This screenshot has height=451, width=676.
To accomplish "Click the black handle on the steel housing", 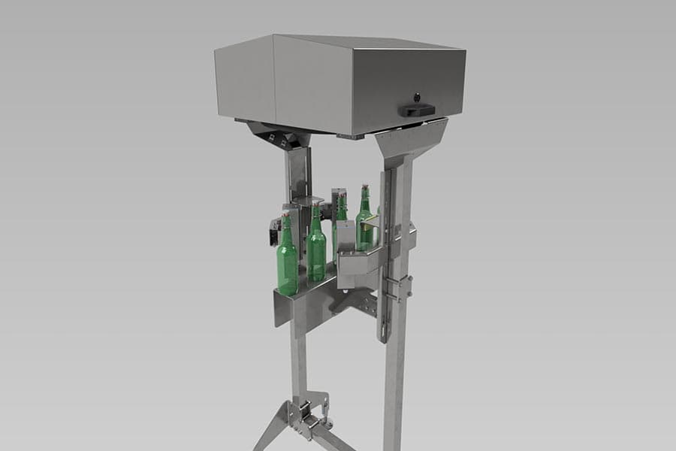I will tap(416, 110).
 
